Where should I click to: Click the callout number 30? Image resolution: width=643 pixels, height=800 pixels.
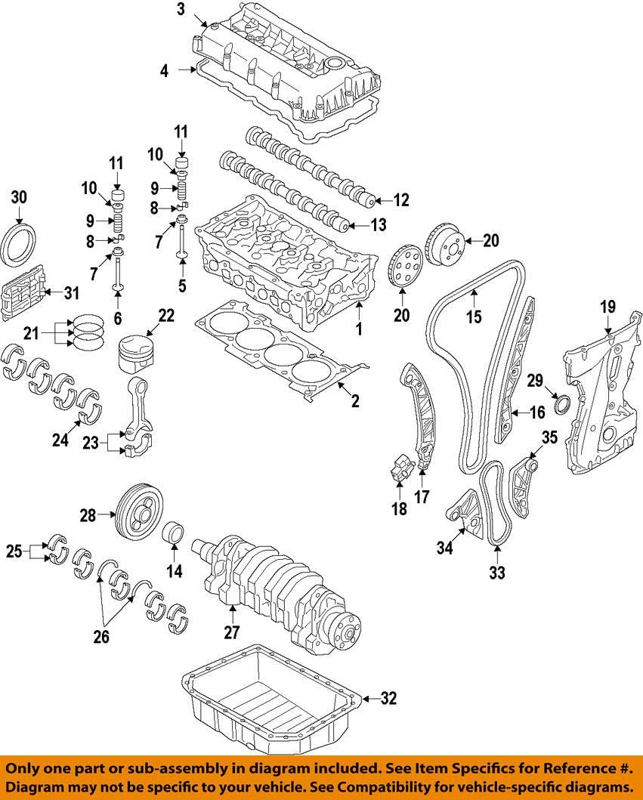(x=19, y=198)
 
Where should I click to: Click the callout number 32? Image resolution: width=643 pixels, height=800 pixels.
(x=388, y=699)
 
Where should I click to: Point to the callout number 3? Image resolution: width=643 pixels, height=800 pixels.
(x=181, y=10)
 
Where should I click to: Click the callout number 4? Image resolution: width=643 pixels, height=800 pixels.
(x=164, y=71)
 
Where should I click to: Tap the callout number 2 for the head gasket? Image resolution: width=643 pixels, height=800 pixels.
(x=354, y=401)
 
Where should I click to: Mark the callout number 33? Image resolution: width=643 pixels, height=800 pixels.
(x=496, y=573)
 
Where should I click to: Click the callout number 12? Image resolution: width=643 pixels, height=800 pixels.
(x=401, y=201)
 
